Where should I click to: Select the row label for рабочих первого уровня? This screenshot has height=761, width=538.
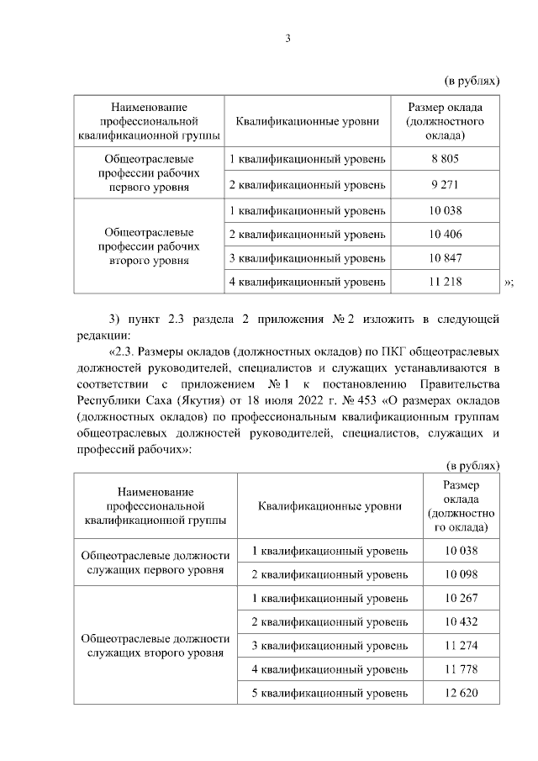pos(149,171)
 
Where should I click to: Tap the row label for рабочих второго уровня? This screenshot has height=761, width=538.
pos(149,246)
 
